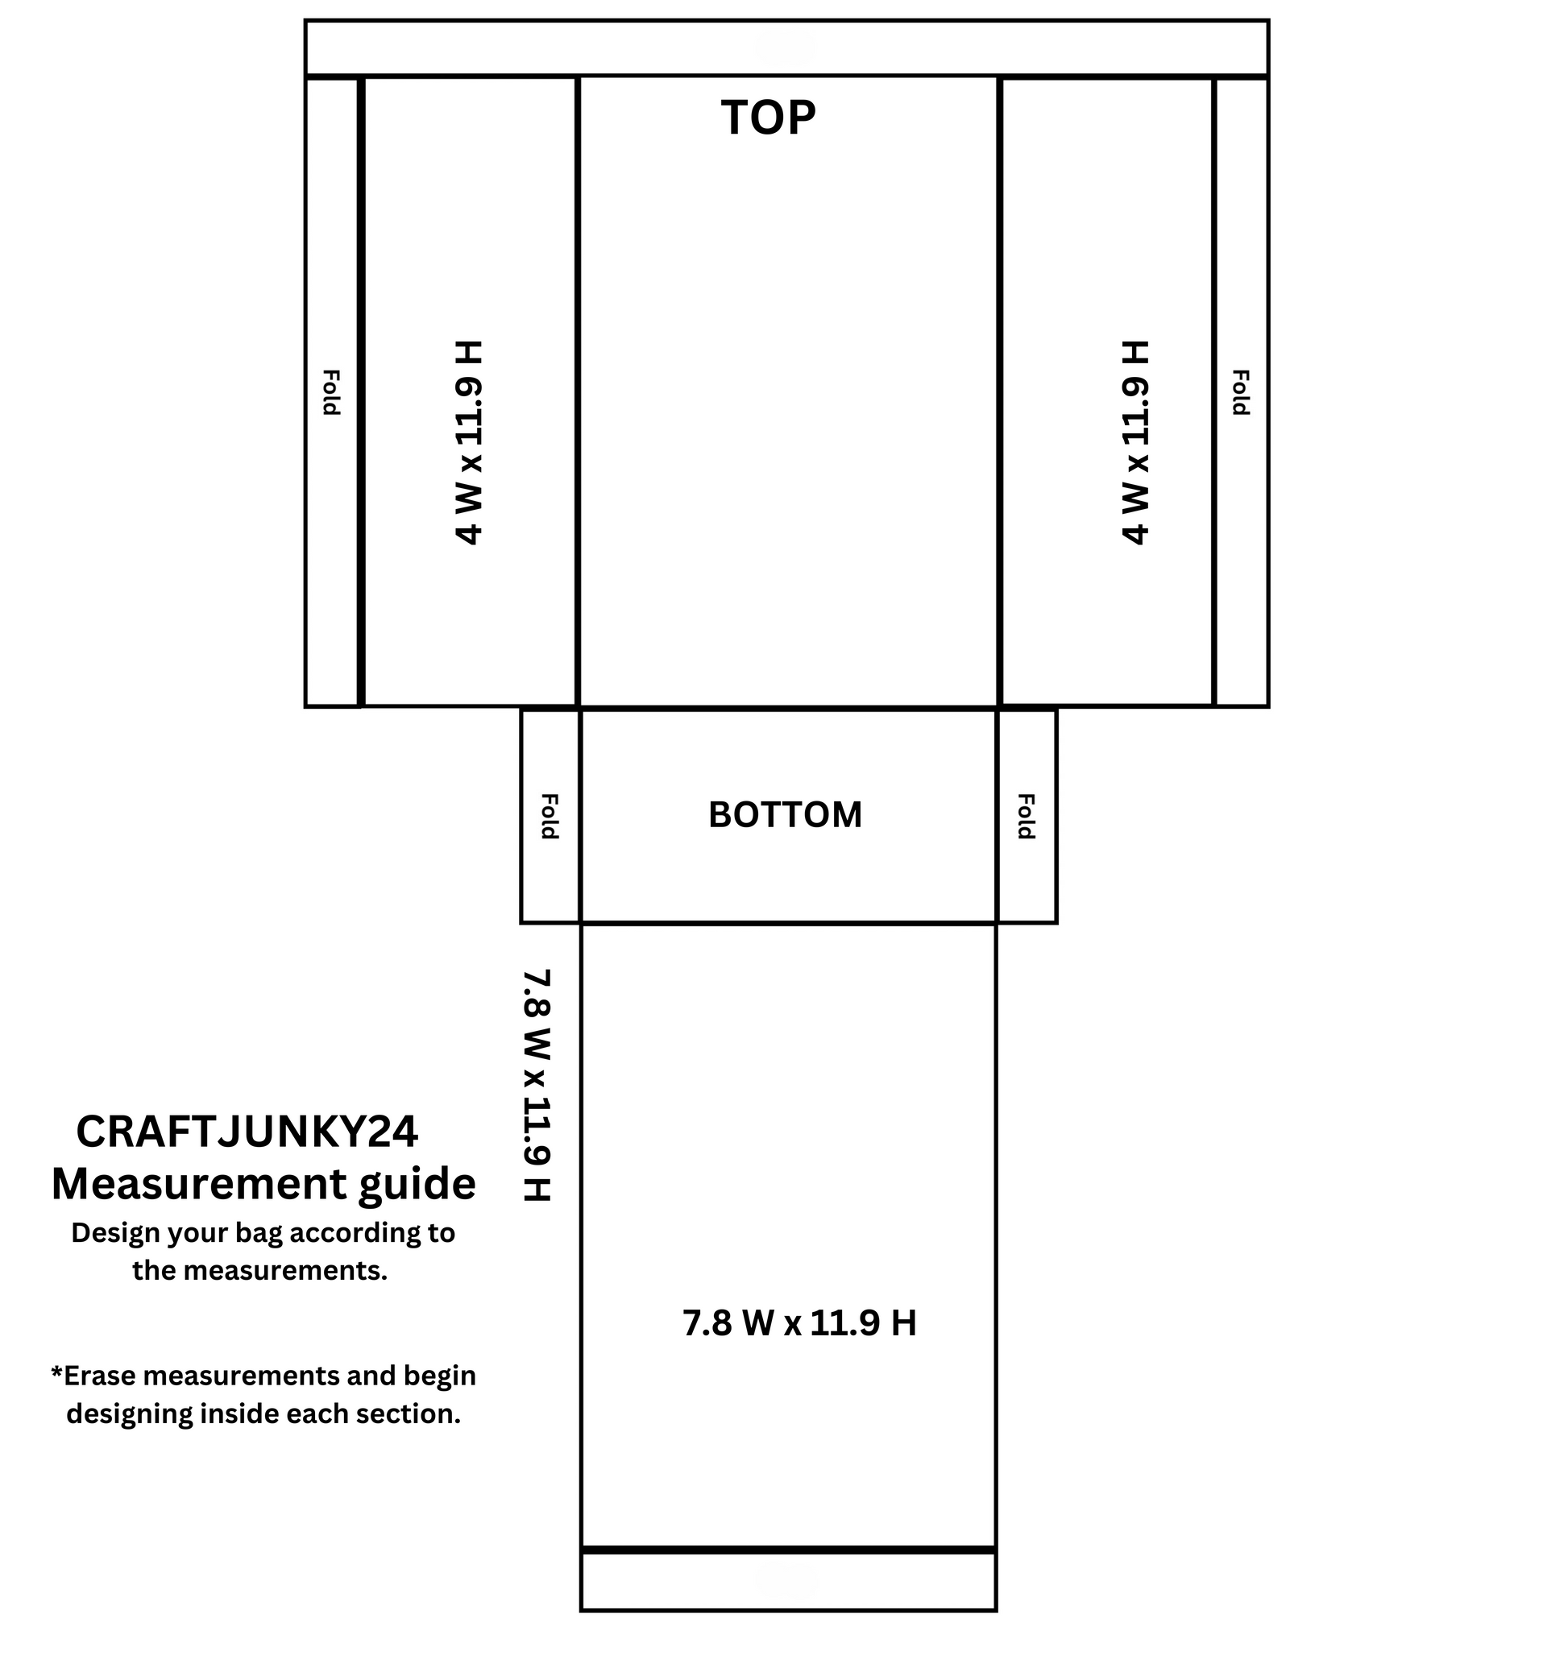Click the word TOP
click(768, 118)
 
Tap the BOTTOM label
click(785, 814)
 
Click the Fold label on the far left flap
click(331, 392)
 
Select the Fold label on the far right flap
click(1240, 392)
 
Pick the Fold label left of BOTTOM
click(549, 816)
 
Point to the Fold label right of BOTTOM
click(1026, 816)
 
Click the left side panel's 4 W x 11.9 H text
click(469, 442)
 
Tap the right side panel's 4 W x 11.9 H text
click(1135, 442)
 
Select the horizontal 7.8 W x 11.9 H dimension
click(799, 1323)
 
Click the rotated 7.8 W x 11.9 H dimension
click(537, 1085)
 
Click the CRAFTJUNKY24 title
click(247, 1132)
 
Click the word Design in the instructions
click(115, 1233)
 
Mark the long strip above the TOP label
click(786, 48)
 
